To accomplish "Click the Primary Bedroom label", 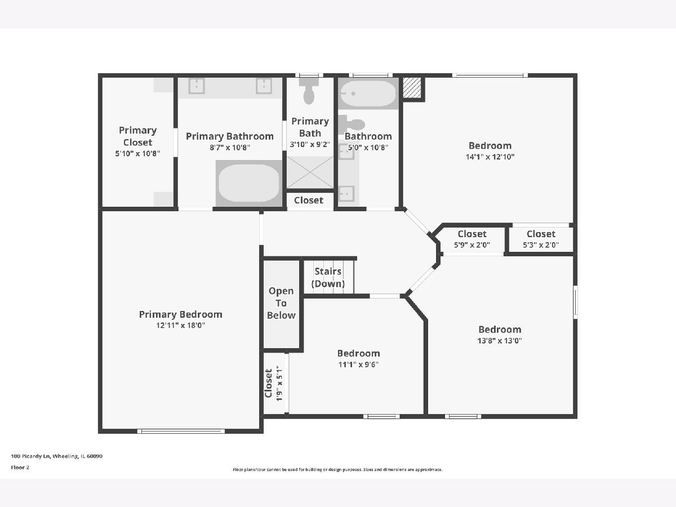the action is click(x=180, y=314).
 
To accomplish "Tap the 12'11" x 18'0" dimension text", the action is click(x=180, y=326).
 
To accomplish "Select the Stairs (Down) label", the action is click(x=328, y=277).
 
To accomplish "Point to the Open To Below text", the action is click(x=281, y=303).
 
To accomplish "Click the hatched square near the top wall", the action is click(x=412, y=87).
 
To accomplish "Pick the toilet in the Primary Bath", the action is click(x=309, y=91).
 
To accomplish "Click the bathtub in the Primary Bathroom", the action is click(x=249, y=183).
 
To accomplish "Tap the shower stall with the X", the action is click(x=310, y=172).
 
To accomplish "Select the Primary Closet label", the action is click(x=137, y=136).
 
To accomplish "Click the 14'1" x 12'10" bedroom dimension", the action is click(x=490, y=157).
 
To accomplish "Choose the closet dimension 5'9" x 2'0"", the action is click(x=472, y=244).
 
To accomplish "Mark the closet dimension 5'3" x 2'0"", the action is click(x=541, y=244).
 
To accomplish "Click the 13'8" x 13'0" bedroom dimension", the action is click(x=500, y=340).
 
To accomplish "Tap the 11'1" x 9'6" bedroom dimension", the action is click(x=358, y=364).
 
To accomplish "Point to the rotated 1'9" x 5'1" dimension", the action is click(x=279, y=383).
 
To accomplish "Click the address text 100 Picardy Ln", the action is click(x=30, y=456).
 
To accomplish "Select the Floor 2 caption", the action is click(x=20, y=468).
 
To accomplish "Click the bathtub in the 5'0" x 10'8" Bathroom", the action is click(x=368, y=94).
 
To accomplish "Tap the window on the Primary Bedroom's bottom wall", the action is click(x=181, y=431).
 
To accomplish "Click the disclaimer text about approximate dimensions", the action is click(x=337, y=469).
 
